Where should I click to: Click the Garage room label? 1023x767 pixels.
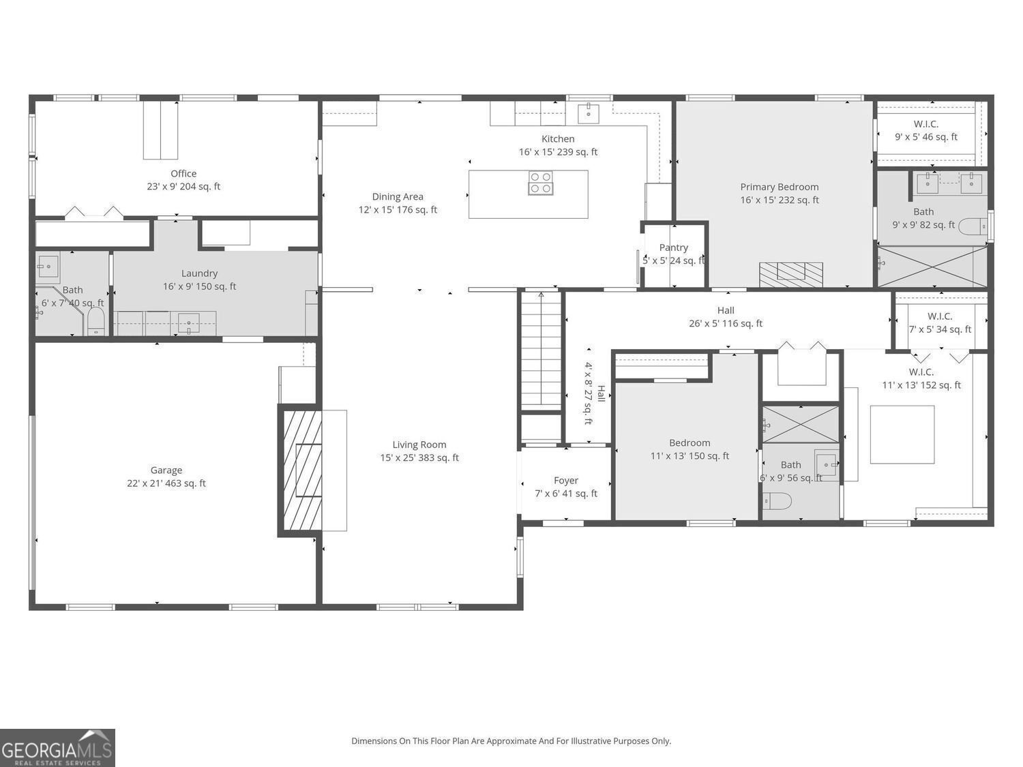166,470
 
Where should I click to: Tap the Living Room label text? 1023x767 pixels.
419,445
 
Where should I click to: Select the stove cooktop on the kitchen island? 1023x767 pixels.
540,183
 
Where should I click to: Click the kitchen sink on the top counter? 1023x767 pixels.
588,113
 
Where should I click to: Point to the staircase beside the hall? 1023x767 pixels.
541,350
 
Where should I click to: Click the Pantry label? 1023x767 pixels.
673,247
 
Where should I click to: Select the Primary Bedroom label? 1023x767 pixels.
780,187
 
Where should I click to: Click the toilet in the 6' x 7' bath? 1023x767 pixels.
95,321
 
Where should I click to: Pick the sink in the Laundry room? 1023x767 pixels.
188,322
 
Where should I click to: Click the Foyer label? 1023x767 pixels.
565,481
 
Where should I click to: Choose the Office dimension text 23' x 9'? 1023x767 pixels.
183,186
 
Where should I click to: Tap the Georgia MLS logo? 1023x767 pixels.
57,747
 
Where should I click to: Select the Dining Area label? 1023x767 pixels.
398,197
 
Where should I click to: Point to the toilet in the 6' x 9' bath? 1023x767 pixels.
777,501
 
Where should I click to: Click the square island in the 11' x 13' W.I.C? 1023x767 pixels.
902,434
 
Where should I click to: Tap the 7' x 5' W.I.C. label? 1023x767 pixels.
939,316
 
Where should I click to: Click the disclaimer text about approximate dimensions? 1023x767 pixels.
511,740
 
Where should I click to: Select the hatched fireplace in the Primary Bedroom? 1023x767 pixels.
790,274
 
